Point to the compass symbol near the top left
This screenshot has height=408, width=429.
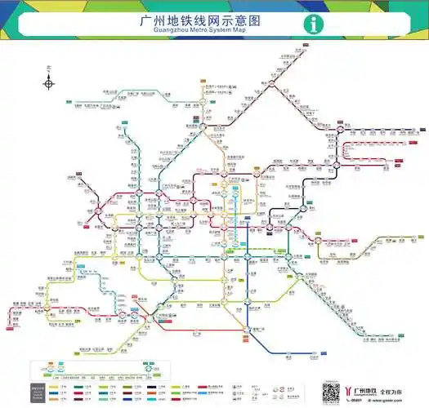point(49,82)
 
